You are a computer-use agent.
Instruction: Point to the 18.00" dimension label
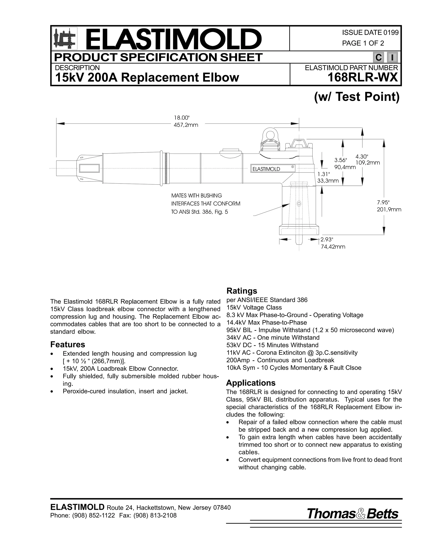[x=182, y=117]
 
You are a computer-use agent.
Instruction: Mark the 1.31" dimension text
[x=324, y=174]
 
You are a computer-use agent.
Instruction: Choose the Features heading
[x=68, y=345]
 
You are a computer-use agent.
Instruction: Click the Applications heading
[x=250, y=383]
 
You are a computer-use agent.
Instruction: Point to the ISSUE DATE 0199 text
[x=370, y=33]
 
